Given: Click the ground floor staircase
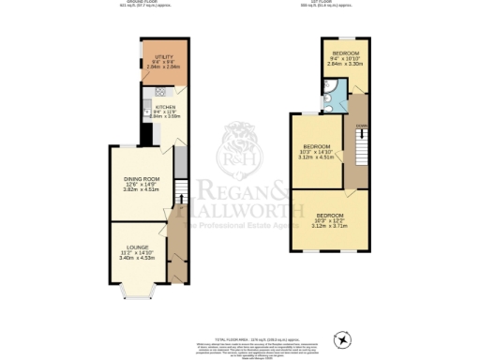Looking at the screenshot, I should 180,187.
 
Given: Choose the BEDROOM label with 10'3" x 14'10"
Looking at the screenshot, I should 318,146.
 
